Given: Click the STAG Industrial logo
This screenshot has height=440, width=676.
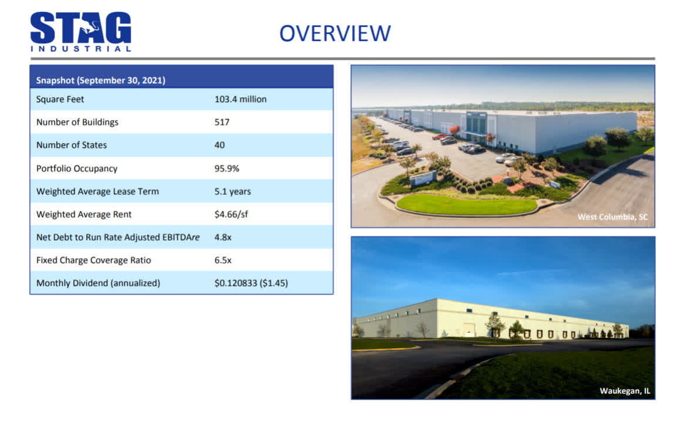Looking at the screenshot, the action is (80, 32).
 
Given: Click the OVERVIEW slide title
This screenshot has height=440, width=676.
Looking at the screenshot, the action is (335, 33).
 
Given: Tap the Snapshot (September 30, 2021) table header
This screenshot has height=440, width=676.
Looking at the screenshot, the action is (100, 80).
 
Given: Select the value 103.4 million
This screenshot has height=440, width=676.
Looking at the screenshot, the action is (241, 99).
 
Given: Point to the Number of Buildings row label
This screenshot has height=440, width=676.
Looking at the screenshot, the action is (77, 123).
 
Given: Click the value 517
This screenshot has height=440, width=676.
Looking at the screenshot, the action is (222, 123).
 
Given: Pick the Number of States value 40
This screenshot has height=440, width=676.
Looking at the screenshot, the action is (219, 145).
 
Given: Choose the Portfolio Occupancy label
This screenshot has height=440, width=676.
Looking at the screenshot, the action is (77, 168).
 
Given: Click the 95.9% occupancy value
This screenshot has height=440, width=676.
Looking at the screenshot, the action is (227, 168).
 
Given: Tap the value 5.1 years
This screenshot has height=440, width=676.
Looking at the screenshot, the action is (232, 191).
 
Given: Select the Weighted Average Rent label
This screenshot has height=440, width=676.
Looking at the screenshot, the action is (84, 215).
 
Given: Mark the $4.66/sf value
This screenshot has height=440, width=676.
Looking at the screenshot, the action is (231, 214).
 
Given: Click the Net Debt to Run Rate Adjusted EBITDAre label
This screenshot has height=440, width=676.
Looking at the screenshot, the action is (118, 238).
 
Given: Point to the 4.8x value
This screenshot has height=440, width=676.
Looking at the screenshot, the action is (223, 238).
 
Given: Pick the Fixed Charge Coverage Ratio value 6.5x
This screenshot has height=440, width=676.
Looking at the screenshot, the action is (223, 260).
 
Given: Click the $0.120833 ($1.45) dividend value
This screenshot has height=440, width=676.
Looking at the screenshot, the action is (251, 283).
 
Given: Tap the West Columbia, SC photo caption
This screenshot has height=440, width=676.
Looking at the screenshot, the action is (613, 216).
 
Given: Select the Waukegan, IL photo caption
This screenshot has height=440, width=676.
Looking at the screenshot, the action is (625, 391).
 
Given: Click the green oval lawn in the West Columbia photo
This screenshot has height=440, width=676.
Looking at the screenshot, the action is (467, 204).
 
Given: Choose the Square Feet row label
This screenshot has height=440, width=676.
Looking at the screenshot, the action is (60, 100).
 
